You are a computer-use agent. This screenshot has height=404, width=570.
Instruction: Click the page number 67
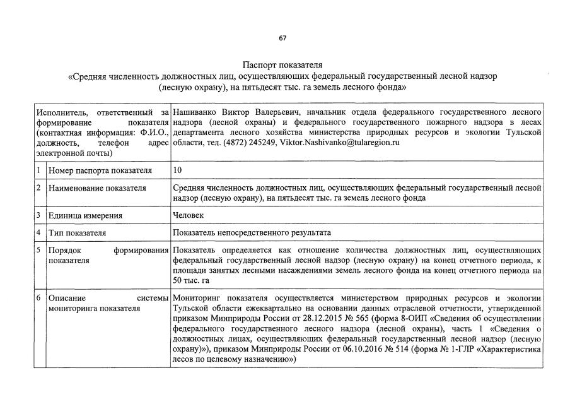coord(282,39)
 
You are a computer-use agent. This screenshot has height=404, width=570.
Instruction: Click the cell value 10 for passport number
coord(178,170)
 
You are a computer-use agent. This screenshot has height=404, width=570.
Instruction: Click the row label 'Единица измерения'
coord(85,215)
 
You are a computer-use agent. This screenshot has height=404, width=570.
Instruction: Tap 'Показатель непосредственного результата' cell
coord(252,233)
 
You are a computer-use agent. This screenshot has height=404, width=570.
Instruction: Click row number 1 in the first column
coord(39,170)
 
